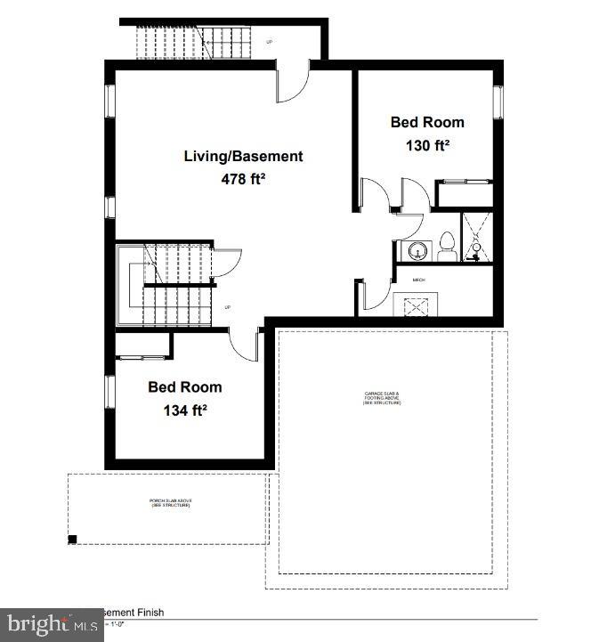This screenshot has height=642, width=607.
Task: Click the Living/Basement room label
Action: (x=243, y=156)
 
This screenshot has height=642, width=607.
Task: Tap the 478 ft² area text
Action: (x=243, y=178)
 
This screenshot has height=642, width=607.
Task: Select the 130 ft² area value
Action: (x=427, y=144)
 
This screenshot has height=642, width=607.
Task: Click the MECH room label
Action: (x=419, y=280)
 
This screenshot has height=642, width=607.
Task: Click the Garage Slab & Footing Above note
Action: (x=382, y=397)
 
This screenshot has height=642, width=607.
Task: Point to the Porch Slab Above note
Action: (x=170, y=503)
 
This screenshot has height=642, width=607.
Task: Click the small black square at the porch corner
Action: (x=73, y=538)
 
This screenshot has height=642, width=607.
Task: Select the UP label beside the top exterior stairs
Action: (x=270, y=39)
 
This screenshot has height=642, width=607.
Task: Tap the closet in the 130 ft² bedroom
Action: (x=463, y=194)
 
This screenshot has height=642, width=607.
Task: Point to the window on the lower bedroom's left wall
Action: (x=109, y=390)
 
